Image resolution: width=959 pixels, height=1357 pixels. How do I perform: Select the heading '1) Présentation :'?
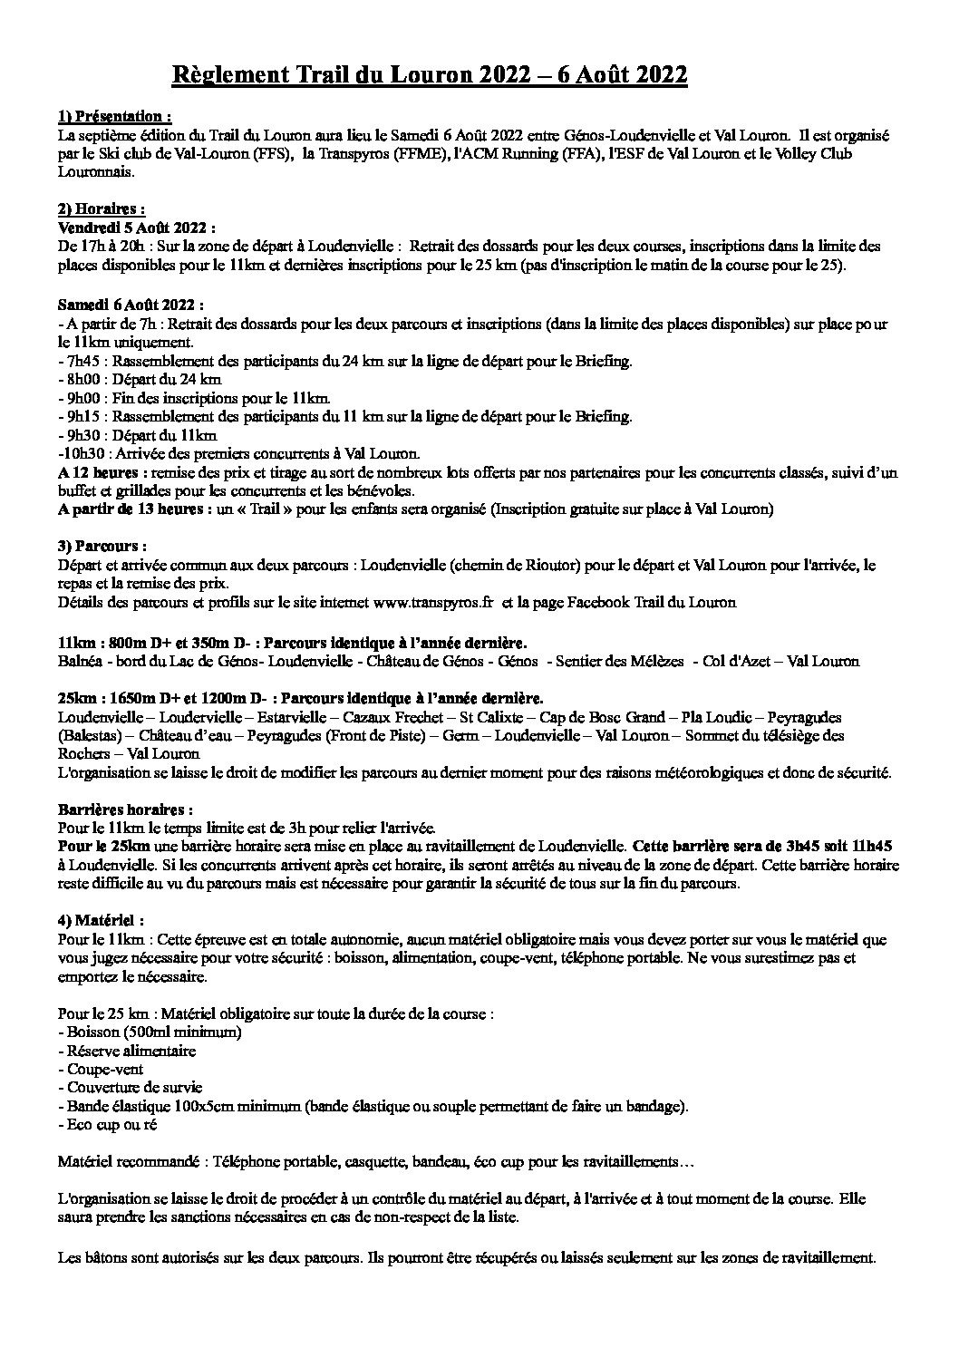[113, 117]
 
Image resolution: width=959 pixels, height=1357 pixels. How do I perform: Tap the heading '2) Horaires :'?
[101, 210]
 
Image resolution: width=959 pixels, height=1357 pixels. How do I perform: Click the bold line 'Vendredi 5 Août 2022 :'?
[136, 228]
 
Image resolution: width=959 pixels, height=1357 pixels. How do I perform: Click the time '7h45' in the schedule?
[80, 362]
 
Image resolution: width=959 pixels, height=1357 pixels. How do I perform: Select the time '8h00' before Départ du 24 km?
[80, 380]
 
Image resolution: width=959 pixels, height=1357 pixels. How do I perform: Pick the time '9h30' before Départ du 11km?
[80, 435]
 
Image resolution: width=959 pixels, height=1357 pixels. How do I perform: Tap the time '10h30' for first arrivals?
[81, 453]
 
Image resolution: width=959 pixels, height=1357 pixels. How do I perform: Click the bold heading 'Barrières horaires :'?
[124, 809]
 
